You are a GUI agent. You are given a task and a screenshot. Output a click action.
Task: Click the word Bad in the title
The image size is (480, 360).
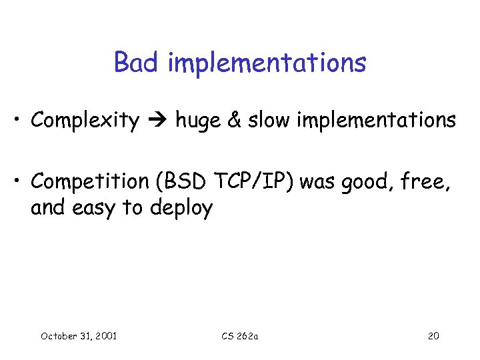[x=137, y=63]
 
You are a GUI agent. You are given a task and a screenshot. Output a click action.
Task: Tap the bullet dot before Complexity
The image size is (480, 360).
[x=21, y=121]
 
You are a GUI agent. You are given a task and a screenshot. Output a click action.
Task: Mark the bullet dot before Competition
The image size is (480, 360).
[x=21, y=182]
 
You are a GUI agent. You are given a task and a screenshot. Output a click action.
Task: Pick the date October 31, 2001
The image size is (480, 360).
[x=79, y=336]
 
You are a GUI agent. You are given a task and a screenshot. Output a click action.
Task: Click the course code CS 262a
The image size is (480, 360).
[x=239, y=336]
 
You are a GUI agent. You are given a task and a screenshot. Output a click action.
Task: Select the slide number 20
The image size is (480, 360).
[x=433, y=336]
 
